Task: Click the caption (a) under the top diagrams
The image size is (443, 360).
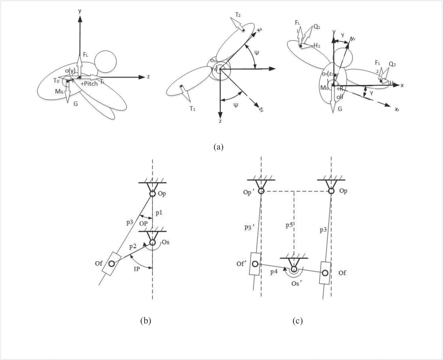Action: [x=218, y=147]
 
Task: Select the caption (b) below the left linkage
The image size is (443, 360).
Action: [x=146, y=321]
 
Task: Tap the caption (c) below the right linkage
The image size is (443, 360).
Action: [x=297, y=321]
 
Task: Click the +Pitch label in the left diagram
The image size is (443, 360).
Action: [x=89, y=84]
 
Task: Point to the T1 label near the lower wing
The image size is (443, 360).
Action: [x=192, y=109]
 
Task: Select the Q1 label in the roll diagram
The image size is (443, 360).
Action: [x=317, y=27]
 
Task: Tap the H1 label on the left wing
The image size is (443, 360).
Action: [x=317, y=45]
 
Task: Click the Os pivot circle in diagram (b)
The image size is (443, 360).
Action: [x=152, y=242]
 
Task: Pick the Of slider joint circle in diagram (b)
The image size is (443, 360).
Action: [x=112, y=264]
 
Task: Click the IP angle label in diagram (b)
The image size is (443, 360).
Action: [x=137, y=268]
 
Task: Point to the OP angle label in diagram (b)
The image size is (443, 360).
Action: [x=144, y=223]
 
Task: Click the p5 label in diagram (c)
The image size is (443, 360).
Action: [x=289, y=225]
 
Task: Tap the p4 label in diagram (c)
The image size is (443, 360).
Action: [x=274, y=272]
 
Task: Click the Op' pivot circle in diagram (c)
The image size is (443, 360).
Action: [x=261, y=191]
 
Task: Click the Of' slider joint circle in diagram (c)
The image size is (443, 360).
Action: [x=255, y=264]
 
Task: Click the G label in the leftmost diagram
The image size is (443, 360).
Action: [x=76, y=104]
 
